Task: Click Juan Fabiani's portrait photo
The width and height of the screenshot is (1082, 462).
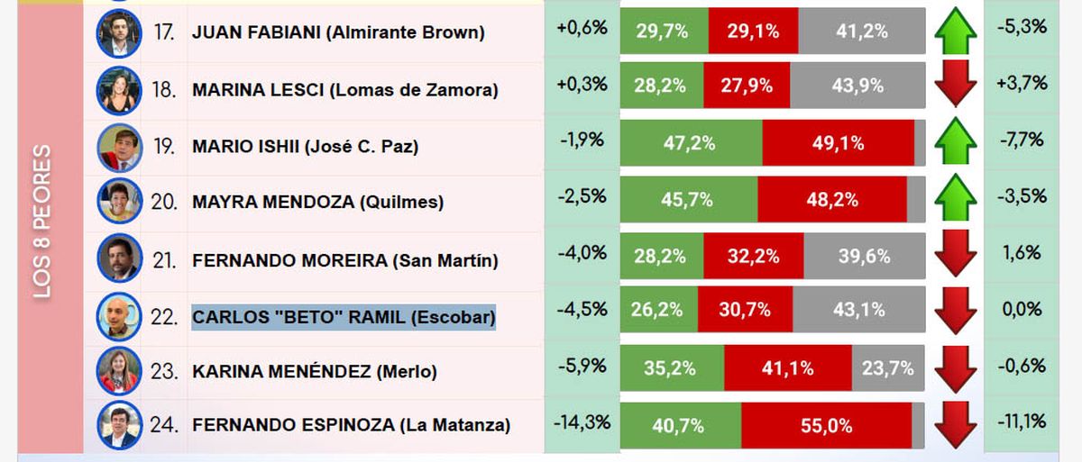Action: (119, 32)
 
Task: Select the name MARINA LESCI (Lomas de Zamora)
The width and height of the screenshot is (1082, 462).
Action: (344, 90)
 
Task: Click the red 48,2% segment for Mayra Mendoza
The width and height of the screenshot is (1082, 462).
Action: (831, 200)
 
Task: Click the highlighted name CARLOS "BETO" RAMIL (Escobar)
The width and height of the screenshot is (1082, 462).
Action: (344, 318)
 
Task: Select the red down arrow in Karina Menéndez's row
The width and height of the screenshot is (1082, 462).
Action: (956, 369)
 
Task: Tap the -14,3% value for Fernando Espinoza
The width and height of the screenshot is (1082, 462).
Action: (582, 421)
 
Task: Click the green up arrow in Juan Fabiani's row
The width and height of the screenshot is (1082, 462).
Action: (956, 32)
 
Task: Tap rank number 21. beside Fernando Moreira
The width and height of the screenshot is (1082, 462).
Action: (164, 261)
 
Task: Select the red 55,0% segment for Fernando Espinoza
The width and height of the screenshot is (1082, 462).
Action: (826, 425)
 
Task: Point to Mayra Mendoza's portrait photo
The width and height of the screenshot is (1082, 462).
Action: (119, 201)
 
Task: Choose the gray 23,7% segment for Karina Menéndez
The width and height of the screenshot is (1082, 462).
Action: (888, 368)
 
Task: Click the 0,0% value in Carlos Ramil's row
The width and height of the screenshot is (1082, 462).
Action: (1022, 310)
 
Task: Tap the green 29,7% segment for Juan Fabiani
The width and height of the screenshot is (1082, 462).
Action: (663, 32)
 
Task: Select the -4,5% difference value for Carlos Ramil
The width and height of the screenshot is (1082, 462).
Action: (582, 309)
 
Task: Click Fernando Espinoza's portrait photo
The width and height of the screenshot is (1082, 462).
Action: (119, 424)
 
